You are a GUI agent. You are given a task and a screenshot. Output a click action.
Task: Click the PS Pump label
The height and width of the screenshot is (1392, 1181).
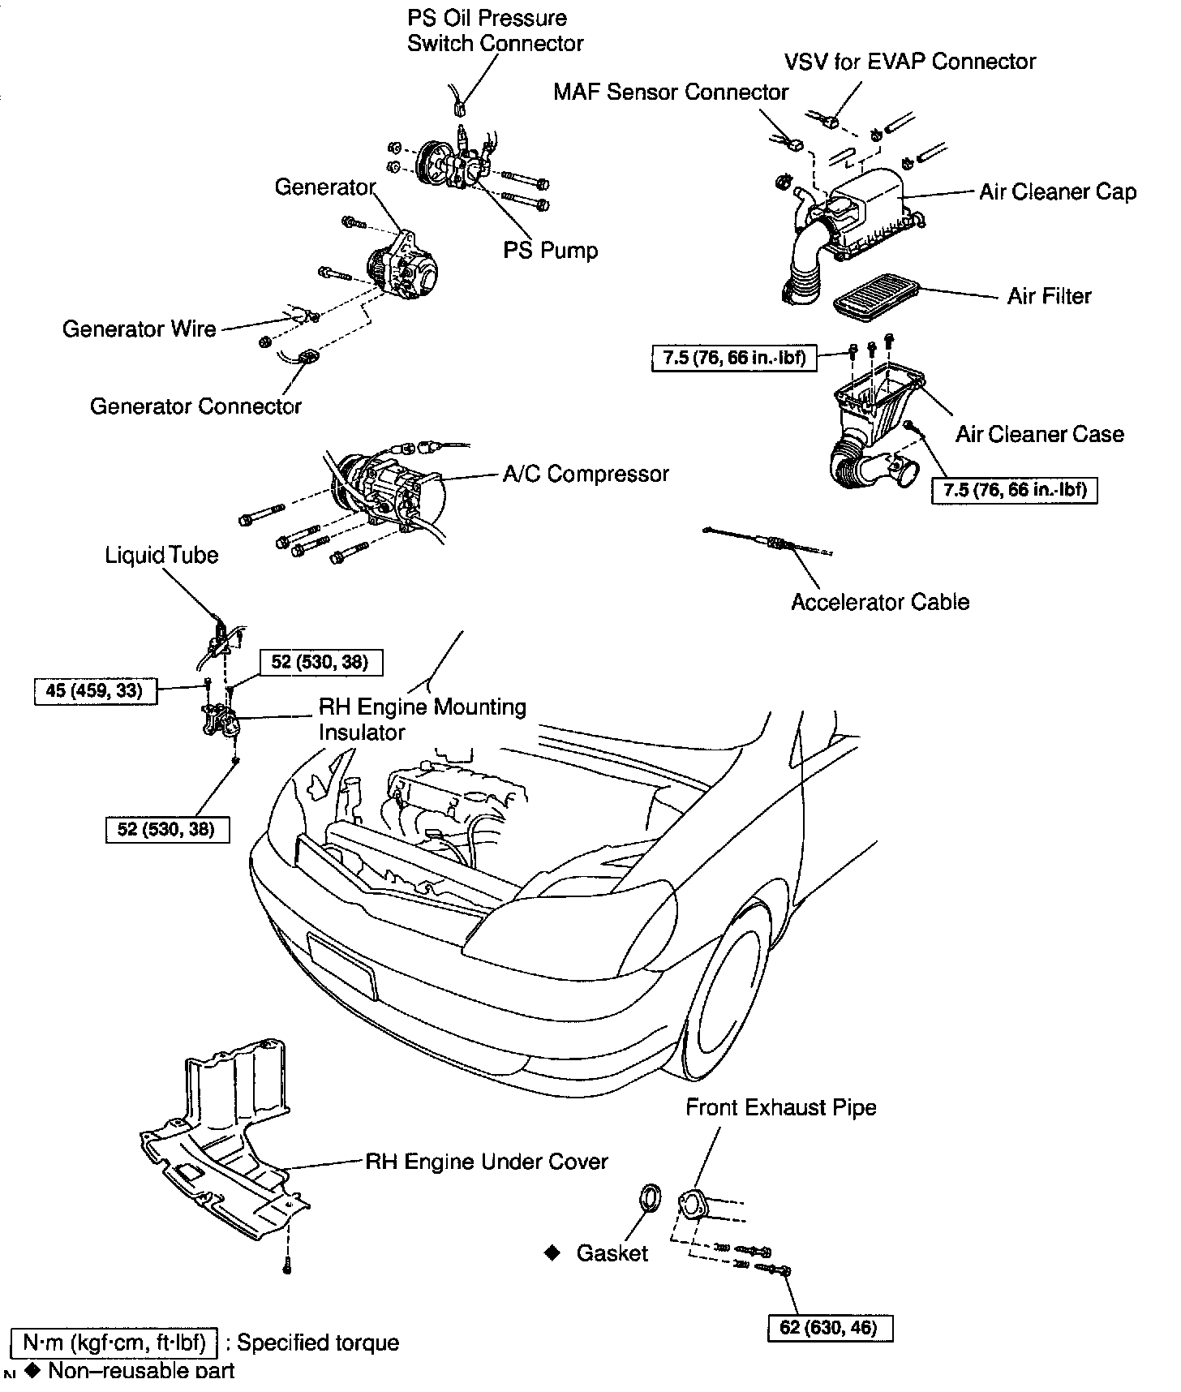coord(550,250)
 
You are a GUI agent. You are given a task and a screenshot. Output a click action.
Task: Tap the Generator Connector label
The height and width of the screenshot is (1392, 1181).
coord(195,406)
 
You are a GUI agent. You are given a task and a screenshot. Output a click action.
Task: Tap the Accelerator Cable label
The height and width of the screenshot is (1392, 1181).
coord(880,602)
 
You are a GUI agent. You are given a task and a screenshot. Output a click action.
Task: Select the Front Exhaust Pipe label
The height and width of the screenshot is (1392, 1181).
coord(780,1107)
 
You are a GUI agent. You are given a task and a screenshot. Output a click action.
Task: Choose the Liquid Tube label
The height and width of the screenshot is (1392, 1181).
coord(161,556)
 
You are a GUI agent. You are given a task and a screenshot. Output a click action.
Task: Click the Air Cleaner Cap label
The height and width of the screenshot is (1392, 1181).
coord(1057,192)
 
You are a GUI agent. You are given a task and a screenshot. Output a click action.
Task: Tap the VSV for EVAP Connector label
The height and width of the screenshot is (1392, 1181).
coord(909,62)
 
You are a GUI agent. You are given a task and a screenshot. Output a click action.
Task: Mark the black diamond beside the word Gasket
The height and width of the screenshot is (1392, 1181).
coord(552,1253)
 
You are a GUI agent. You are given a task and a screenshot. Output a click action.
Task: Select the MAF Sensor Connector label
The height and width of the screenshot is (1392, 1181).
coord(670,92)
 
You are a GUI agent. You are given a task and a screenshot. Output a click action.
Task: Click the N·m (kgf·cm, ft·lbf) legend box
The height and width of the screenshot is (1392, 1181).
coord(114,1343)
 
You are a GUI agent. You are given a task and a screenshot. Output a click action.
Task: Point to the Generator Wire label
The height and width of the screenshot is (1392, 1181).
coord(139,329)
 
